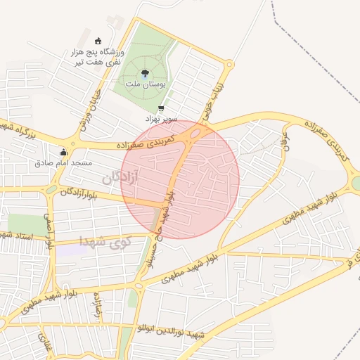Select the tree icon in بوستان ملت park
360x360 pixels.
145,72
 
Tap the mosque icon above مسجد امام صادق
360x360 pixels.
64,152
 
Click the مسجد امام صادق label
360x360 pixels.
64,163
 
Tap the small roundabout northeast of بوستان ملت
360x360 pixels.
229,65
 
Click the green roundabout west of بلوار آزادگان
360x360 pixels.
51,189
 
